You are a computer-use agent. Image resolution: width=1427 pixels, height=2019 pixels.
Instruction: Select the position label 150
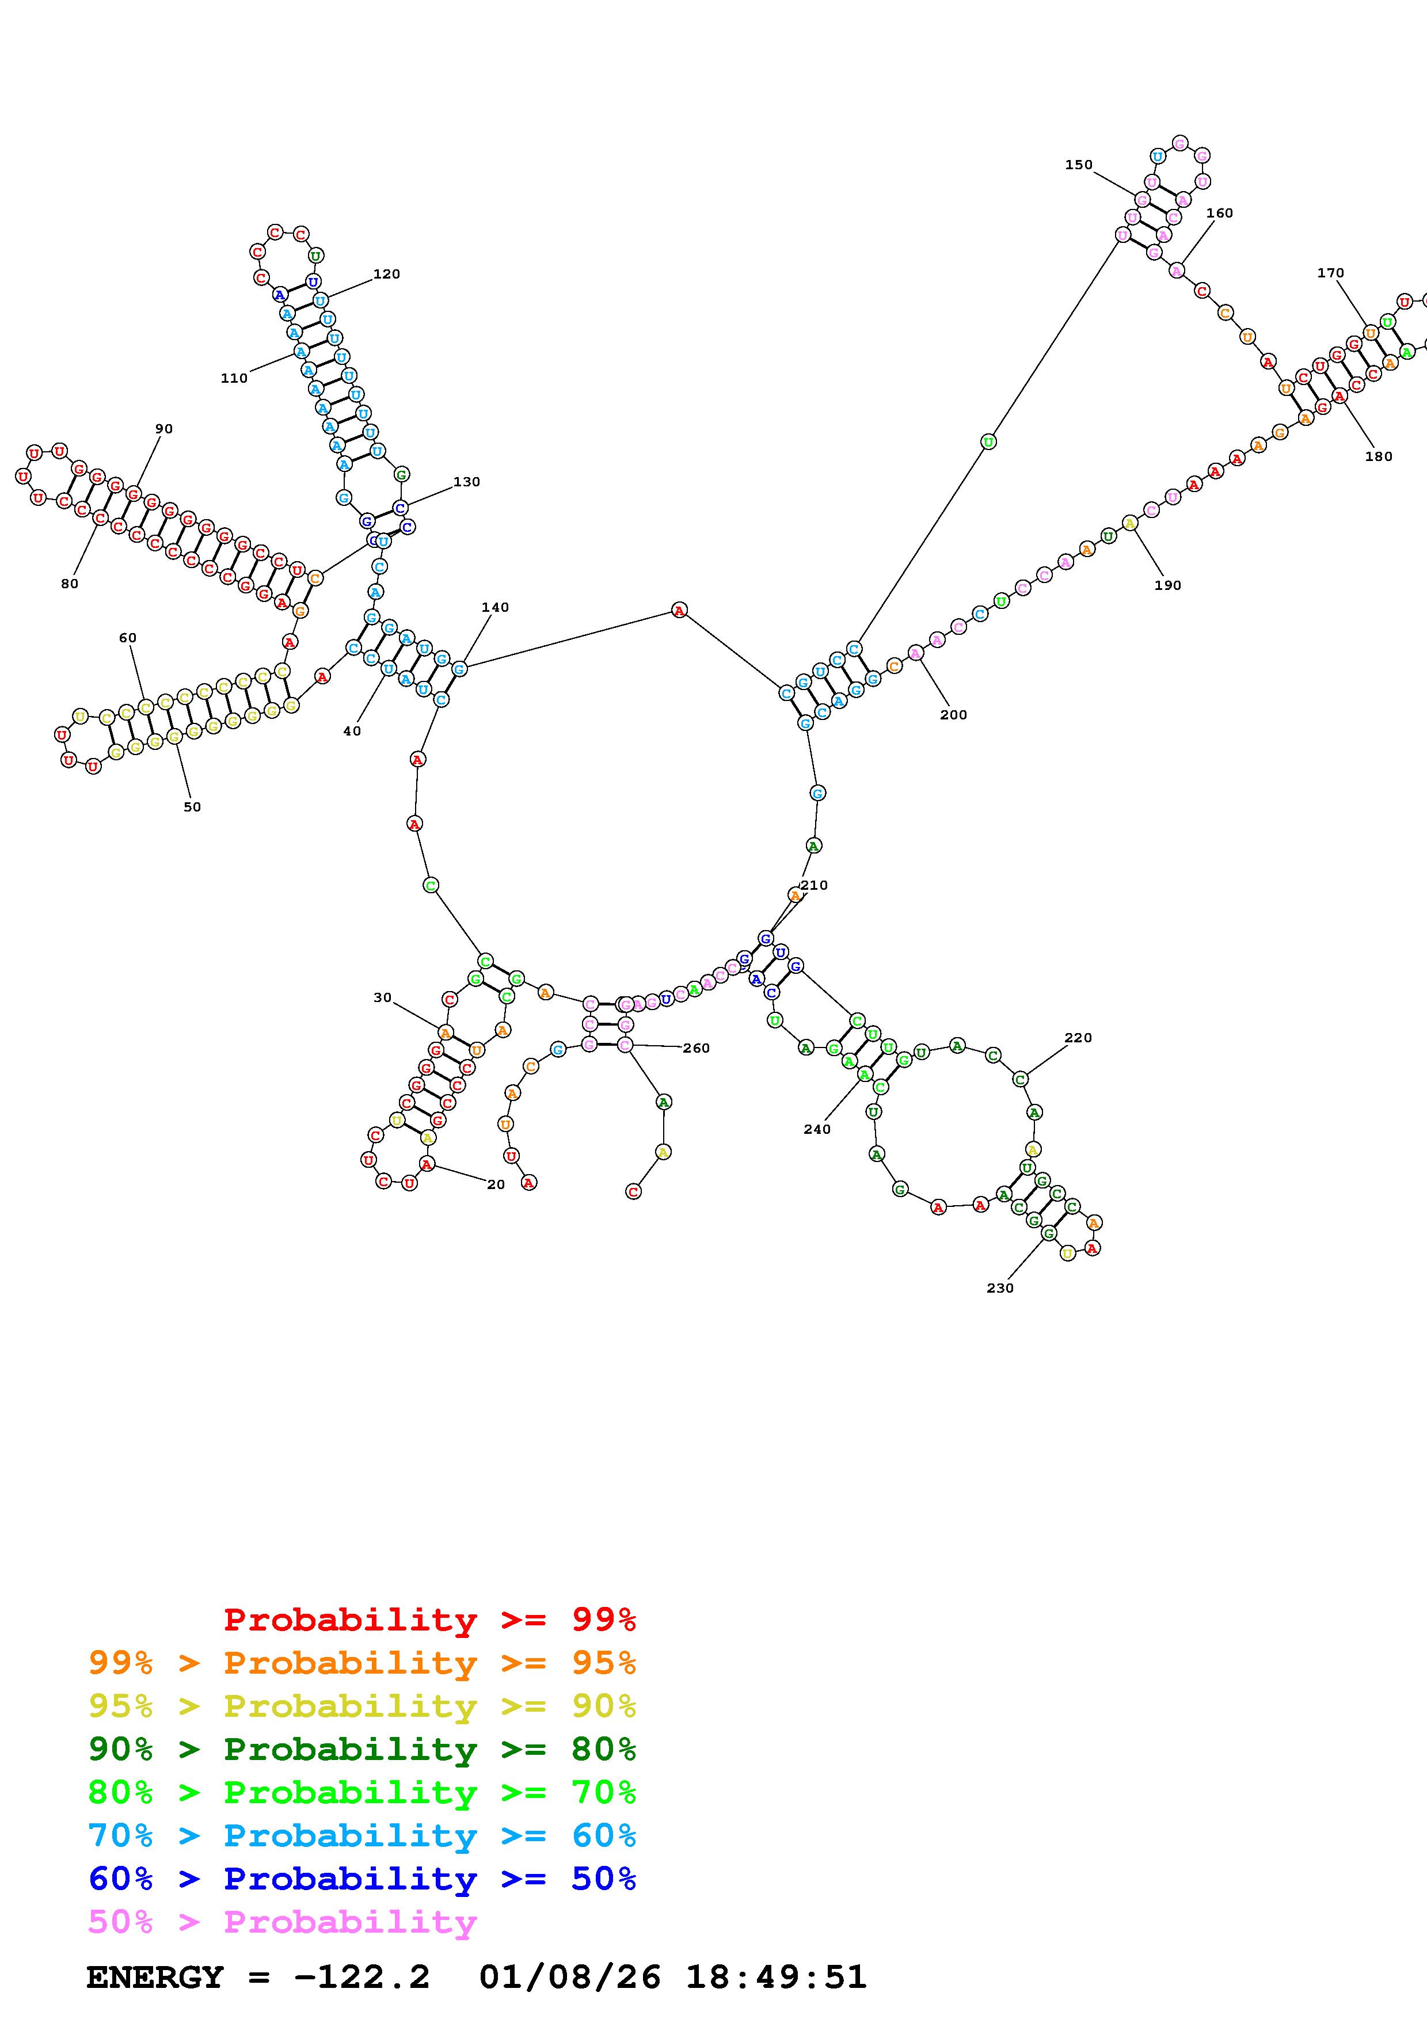click(1079, 165)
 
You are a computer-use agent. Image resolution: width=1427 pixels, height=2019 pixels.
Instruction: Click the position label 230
click(1000, 1288)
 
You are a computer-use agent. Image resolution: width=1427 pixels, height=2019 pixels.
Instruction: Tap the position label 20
click(496, 1184)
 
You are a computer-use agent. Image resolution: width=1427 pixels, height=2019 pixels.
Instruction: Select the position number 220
click(1078, 1038)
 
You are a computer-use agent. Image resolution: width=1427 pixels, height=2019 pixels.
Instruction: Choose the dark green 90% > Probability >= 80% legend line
click(362, 1749)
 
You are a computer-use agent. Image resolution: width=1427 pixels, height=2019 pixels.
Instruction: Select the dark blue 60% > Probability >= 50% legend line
click(362, 1879)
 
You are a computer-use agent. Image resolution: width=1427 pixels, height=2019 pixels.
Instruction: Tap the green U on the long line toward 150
click(988, 441)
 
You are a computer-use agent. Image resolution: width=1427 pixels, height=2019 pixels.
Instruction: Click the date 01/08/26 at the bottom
click(570, 1978)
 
